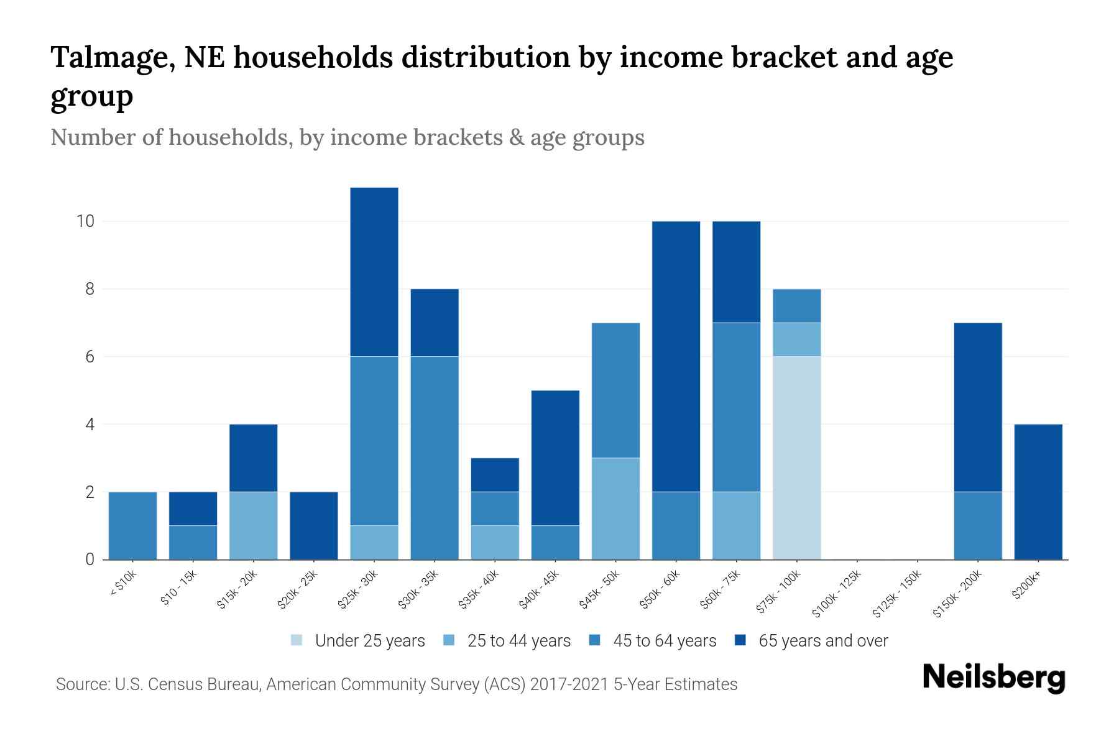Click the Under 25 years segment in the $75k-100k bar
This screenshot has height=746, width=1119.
point(796,458)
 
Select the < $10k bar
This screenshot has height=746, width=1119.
point(132,525)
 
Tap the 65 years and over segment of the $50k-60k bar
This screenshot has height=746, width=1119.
point(676,356)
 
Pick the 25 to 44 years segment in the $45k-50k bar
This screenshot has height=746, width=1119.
point(615,509)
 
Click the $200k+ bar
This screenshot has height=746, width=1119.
point(1038,492)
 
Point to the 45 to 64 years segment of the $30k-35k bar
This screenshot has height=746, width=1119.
point(435,458)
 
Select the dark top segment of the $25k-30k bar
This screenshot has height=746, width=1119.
point(374,272)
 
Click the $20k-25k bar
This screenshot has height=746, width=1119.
point(314,525)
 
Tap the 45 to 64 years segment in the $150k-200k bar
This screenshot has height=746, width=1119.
point(977,525)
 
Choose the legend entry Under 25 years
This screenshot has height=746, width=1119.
point(369,641)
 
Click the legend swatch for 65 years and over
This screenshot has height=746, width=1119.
point(741,640)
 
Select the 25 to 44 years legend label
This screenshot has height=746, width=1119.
point(518,641)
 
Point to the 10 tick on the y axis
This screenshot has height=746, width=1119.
point(85,221)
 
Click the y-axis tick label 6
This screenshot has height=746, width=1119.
point(90,357)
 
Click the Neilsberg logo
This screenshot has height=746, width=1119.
point(993,678)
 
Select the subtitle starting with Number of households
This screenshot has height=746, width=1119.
point(347,137)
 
